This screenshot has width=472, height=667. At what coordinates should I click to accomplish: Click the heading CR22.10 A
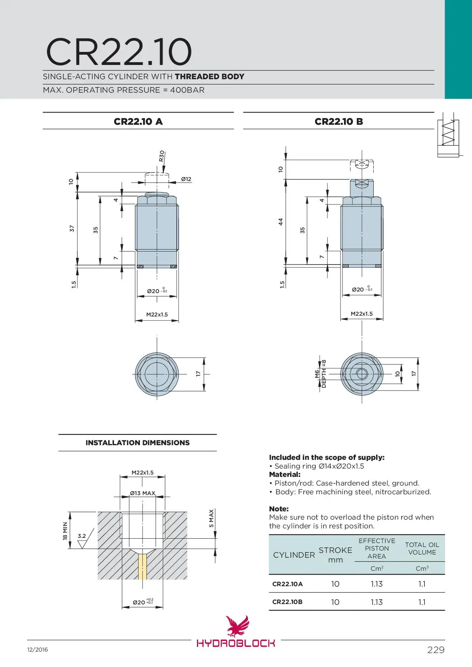[138, 122]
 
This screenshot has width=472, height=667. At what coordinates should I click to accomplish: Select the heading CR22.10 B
[338, 122]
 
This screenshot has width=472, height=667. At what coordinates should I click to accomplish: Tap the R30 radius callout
[162, 156]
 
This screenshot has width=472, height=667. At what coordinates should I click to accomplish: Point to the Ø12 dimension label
[186, 179]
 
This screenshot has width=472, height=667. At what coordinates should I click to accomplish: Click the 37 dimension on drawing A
[72, 229]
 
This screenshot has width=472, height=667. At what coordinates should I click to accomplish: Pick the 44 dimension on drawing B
[281, 221]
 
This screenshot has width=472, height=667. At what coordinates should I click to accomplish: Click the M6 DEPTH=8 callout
[320, 374]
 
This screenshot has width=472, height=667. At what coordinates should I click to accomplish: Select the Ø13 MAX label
[143, 493]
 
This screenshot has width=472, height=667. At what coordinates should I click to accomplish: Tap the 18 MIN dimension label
[65, 531]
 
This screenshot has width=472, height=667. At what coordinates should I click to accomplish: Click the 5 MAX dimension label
[211, 518]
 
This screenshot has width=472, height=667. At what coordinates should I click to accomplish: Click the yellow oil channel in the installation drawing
[143, 566]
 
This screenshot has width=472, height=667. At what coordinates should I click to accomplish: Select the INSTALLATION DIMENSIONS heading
[138, 443]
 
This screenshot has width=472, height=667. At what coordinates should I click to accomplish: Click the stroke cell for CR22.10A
[335, 584]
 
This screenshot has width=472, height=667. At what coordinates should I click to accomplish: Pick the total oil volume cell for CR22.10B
[422, 602]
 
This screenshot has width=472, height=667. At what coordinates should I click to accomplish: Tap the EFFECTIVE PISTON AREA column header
[376, 548]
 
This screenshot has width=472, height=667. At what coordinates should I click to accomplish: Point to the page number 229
[436, 650]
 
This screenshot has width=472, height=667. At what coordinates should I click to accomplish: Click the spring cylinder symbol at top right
[448, 137]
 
